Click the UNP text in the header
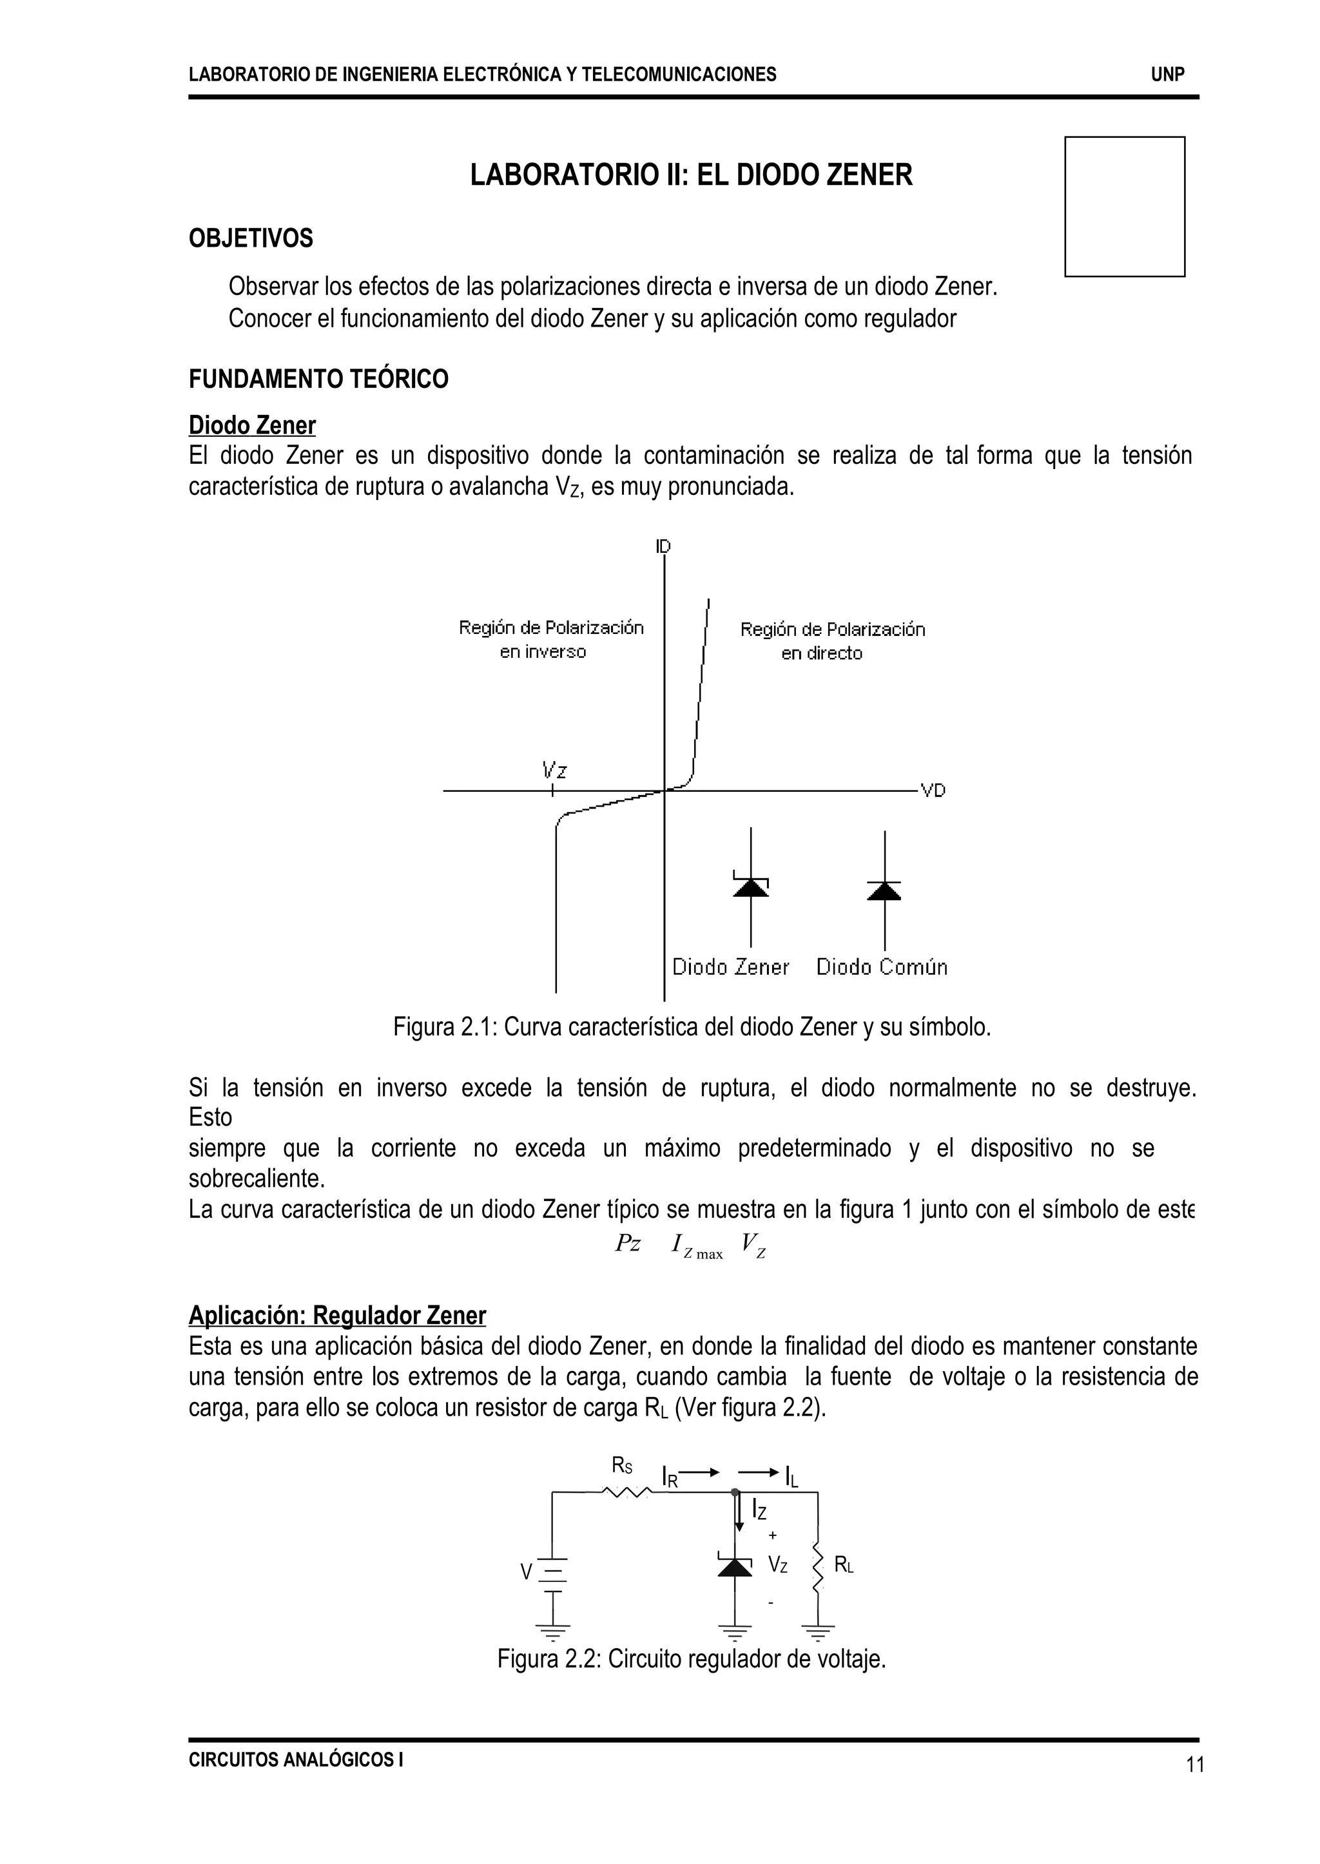click(1167, 75)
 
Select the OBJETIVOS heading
click(250, 238)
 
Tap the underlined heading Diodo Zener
click(252, 425)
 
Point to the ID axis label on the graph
click(663, 546)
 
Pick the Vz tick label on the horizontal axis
click(554, 769)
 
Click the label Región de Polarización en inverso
click(550, 639)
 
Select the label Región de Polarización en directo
click(831, 641)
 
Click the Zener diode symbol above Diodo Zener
click(750, 887)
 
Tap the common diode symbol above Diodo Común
click(884, 890)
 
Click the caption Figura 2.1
click(692, 1027)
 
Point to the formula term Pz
click(628, 1244)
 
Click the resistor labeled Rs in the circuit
click(626, 1492)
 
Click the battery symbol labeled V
click(553, 1573)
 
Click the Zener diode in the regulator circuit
click(735, 1566)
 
